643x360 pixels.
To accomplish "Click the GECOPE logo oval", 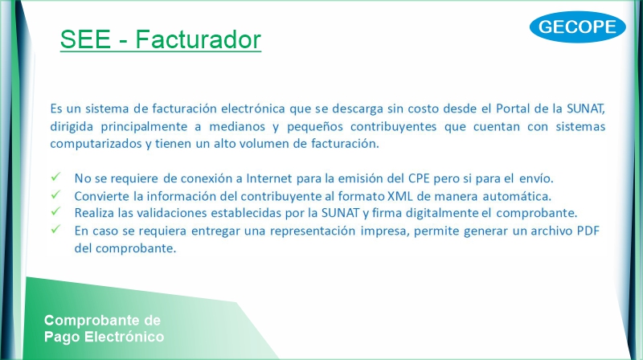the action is [x=577, y=27].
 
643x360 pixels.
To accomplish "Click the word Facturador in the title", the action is [x=198, y=39].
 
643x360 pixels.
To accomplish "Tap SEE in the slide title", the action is [x=86, y=39].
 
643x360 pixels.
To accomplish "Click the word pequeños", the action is [x=315, y=127].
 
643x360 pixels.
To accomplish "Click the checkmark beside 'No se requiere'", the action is [x=55, y=177].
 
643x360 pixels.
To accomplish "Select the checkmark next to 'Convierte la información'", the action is [x=55, y=194].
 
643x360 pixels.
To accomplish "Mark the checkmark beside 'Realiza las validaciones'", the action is [x=55, y=211].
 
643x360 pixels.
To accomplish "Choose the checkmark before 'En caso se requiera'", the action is [x=55, y=229].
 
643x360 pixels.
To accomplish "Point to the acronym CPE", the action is [x=419, y=178].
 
